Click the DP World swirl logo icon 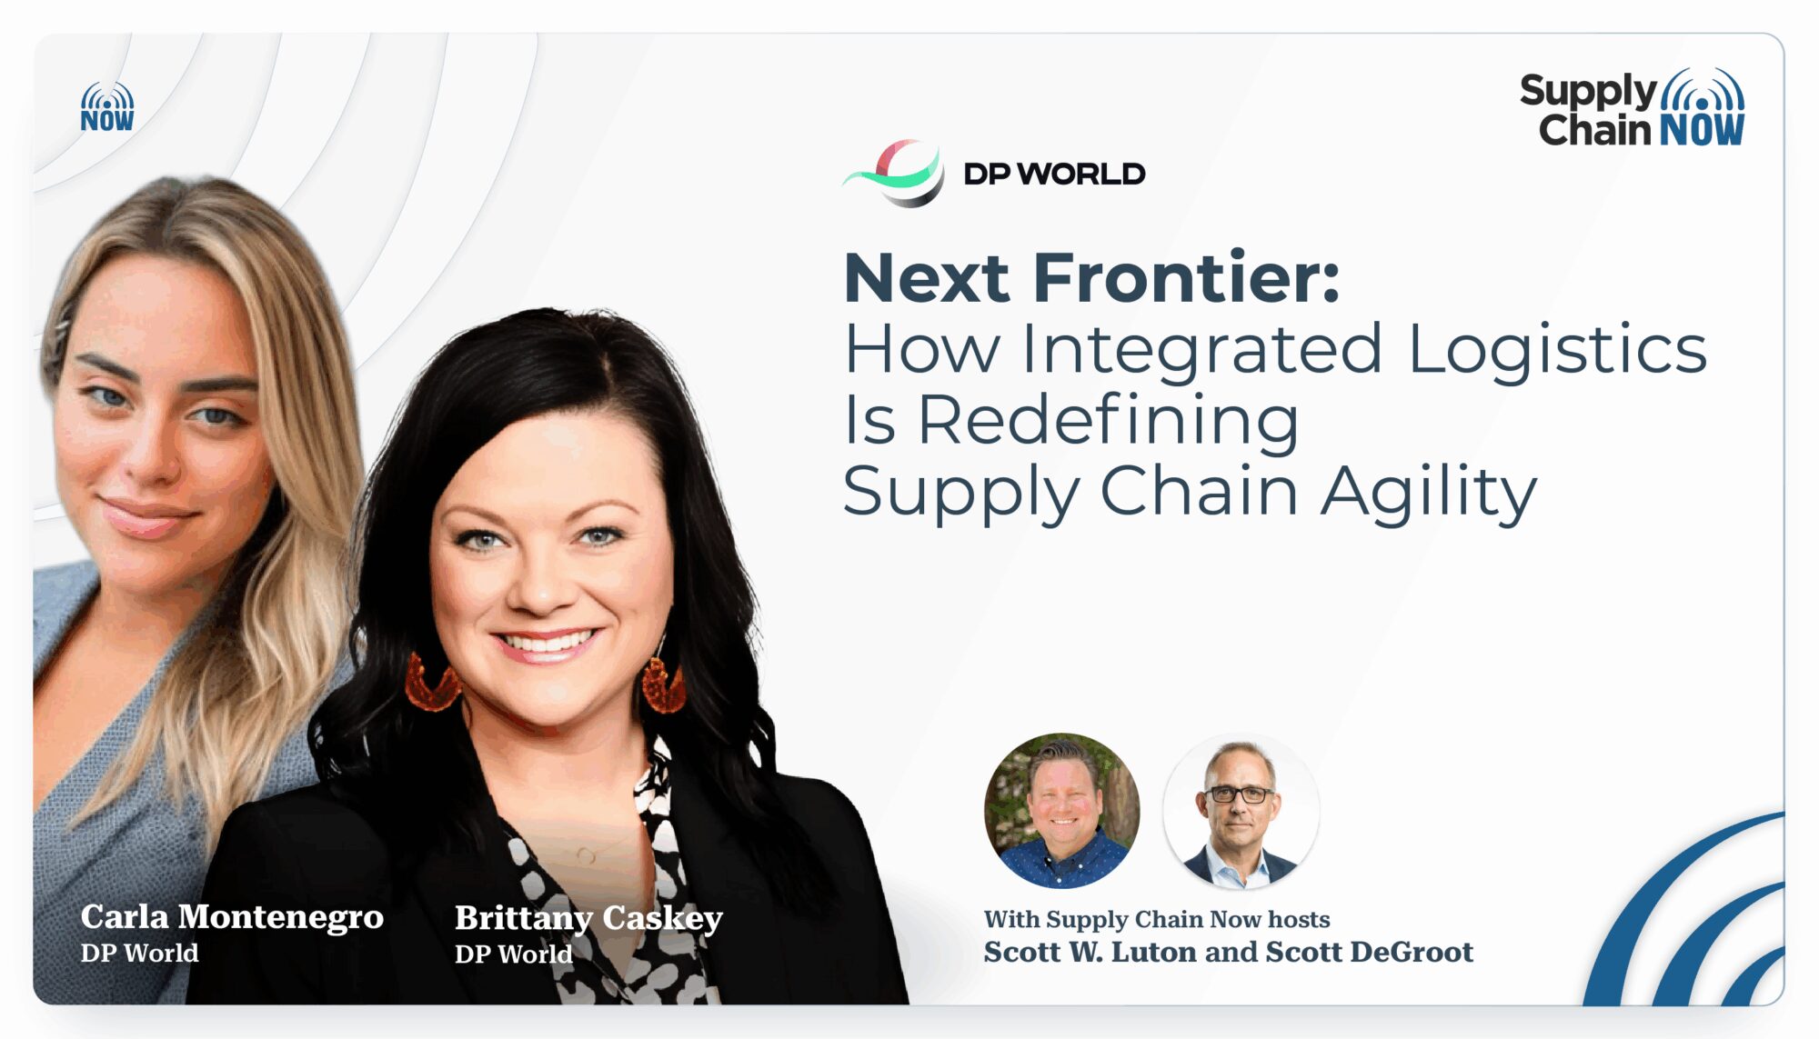pos(894,173)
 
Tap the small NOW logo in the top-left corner pos(107,107)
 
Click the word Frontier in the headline pos(1186,277)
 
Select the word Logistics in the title pos(1557,350)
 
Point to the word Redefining pos(1109,420)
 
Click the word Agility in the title pos(1429,492)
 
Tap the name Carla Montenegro pos(232,917)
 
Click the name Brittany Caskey pos(588,918)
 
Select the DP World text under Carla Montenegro pos(139,953)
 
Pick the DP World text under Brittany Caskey pos(514,954)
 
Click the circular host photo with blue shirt pos(1061,810)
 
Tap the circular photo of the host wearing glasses pos(1241,810)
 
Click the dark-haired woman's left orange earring pos(431,682)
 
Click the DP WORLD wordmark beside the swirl pos(1054,174)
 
